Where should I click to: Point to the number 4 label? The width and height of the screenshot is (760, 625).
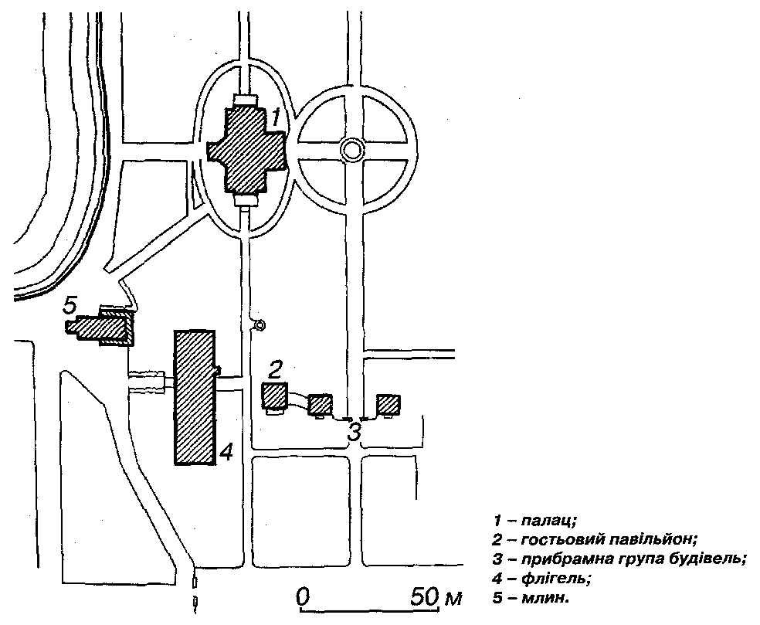click(x=226, y=452)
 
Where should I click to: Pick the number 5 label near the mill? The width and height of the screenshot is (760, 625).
click(x=70, y=306)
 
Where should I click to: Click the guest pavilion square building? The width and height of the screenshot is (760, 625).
click(x=275, y=396)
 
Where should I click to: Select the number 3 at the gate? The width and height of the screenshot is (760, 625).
click(x=354, y=431)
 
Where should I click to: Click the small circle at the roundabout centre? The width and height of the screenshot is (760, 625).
click(x=352, y=150)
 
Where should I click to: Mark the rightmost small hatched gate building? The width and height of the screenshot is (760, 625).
click(x=388, y=405)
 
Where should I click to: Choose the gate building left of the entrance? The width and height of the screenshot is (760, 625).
click(x=320, y=404)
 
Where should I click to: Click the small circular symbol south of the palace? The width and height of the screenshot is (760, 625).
click(x=260, y=326)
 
